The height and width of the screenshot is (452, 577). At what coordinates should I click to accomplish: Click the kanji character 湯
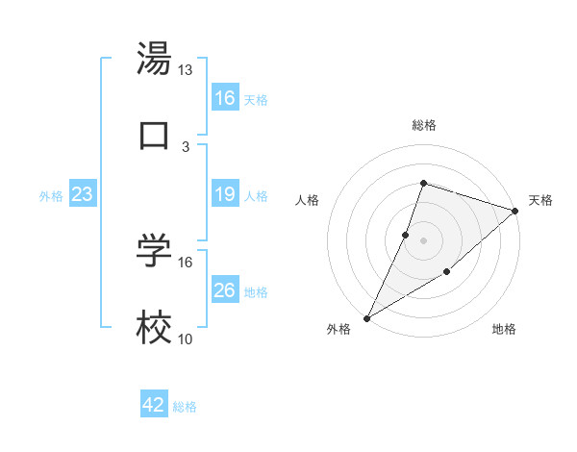(x=154, y=60)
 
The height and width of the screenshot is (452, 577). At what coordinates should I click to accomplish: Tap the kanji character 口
(x=154, y=135)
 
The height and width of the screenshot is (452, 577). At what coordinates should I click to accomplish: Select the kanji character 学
(x=154, y=251)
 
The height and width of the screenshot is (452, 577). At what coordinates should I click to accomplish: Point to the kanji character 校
(x=154, y=329)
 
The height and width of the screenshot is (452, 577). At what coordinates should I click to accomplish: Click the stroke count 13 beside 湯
(x=186, y=70)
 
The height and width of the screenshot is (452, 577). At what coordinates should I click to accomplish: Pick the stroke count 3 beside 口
(x=186, y=146)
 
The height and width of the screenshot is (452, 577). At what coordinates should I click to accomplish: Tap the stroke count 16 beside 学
(x=186, y=262)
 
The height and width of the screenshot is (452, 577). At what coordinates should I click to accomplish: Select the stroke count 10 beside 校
(x=186, y=339)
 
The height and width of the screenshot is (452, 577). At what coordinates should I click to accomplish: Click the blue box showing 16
(x=225, y=98)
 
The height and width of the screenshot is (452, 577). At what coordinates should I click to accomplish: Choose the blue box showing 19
(x=225, y=194)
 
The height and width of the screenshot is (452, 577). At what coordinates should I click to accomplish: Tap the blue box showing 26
(x=225, y=290)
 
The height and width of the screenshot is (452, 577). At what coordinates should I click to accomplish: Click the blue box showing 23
(x=83, y=194)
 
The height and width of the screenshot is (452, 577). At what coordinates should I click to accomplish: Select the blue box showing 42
(x=154, y=405)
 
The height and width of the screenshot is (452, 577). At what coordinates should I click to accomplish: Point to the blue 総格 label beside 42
(x=185, y=407)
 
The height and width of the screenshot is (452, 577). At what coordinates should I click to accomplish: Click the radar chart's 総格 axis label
(x=423, y=125)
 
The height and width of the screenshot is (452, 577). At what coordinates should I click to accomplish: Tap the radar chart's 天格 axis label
(x=540, y=200)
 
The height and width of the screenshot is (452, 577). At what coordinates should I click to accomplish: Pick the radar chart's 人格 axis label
(x=307, y=200)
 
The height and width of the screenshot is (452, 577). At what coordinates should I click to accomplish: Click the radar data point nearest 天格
(x=515, y=211)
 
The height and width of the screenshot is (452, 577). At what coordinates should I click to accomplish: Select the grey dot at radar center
(x=423, y=240)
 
